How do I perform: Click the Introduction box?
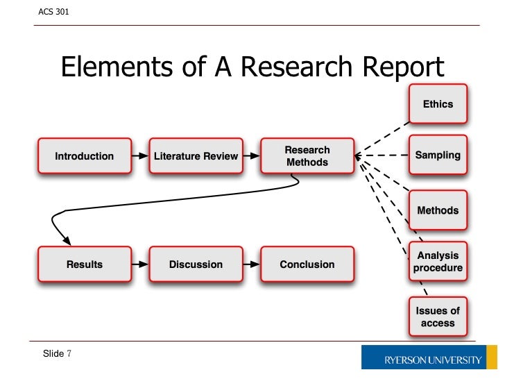point(84,156)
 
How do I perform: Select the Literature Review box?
point(196,156)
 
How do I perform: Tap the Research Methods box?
point(307,156)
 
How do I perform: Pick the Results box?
point(84,264)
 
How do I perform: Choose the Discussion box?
point(196,264)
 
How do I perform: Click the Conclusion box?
point(307,264)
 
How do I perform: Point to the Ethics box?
point(438,104)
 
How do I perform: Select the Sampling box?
point(438,155)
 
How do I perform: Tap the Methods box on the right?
point(438,210)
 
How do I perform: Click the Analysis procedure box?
point(438,262)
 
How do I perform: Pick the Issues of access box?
point(438,317)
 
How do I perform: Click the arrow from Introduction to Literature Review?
point(140,156)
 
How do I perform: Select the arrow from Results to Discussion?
point(140,264)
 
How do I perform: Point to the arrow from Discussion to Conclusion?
point(252,264)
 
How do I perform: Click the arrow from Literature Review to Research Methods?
point(252,156)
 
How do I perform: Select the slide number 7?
point(69,354)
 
